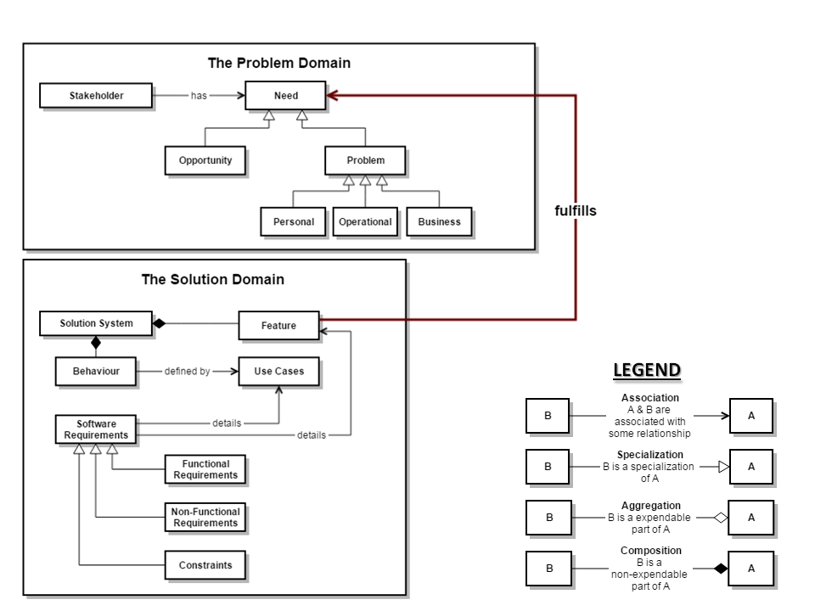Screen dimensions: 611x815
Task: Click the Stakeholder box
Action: pos(96,96)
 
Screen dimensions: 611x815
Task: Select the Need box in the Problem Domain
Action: pos(285,96)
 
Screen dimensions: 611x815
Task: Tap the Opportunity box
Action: pos(205,160)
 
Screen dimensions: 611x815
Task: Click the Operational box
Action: pos(365,221)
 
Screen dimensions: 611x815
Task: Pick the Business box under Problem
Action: pos(439,221)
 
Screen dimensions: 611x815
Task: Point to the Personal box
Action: pos(293,221)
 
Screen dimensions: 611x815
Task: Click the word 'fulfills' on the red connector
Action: pos(575,211)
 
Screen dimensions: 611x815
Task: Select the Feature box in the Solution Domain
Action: pos(278,325)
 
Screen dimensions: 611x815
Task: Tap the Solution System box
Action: pos(96,323)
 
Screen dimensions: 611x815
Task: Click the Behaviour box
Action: pos(96,371)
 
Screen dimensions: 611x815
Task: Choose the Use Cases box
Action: pos(278,371)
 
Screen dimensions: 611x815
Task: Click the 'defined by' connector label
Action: pos(187,371)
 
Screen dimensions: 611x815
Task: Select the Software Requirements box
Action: pos(96,429)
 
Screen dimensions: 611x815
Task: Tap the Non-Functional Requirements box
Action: pos(205,518)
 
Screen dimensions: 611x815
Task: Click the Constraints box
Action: pos(205,565)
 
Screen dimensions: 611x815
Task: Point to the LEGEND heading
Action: pos(647,370)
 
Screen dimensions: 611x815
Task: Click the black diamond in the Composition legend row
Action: pos(721,569)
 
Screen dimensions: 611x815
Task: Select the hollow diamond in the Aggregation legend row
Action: pos(721,518)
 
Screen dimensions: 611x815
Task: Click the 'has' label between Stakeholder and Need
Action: pos(199,96)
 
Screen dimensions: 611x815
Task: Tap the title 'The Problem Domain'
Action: pos(278,63)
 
